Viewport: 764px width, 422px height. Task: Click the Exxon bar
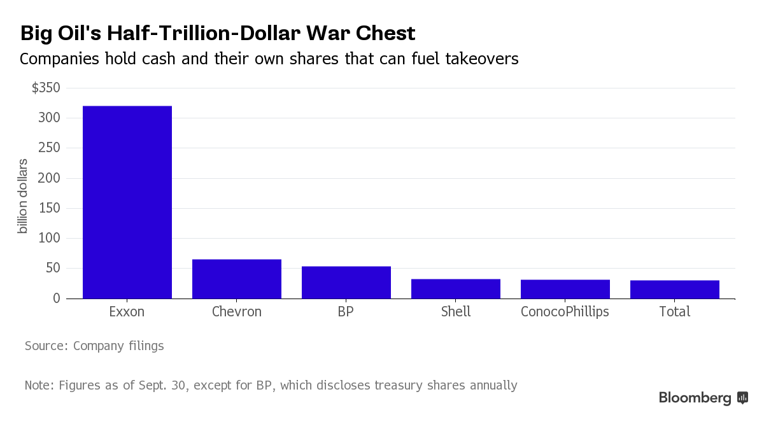127,202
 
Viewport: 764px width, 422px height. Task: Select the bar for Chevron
237,279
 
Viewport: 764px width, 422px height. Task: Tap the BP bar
346,282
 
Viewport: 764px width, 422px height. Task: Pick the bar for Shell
456,288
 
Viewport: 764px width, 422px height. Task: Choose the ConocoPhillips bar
565,289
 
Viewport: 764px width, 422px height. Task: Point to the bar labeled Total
675,289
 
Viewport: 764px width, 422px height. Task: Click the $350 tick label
46,88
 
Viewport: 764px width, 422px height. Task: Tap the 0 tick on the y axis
56,298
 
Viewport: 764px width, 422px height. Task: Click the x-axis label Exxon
127,312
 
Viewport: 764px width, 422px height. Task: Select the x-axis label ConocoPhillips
565,312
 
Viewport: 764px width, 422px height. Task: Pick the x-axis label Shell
456,312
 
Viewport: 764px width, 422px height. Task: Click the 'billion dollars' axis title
23,196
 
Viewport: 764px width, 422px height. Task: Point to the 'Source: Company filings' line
94,346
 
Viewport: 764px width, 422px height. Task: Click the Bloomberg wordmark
695,398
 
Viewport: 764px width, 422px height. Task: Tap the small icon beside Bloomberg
742,398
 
